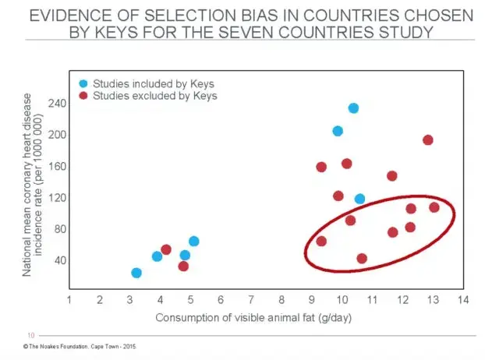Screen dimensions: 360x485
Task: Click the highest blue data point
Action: [353, 108]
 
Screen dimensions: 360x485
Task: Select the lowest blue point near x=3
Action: [136, 273]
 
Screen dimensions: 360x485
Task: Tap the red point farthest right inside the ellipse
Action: [434, 207]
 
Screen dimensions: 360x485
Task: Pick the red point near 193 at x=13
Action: [428, 140]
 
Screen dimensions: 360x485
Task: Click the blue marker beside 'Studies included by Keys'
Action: [83, 83]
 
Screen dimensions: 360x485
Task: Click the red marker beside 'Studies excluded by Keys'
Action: [83, 96]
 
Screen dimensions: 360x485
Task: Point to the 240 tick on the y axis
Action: [58, 103]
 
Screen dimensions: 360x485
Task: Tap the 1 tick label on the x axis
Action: [69, 300]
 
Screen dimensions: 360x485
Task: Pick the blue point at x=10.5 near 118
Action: [359, 199]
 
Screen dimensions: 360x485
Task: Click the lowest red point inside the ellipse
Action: [362, 259]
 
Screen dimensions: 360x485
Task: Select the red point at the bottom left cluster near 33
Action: [183, 266]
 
